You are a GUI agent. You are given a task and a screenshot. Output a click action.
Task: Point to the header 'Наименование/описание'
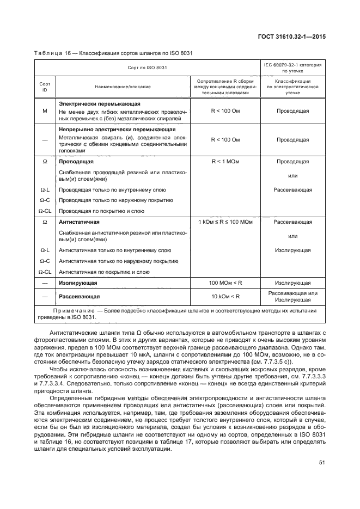point(123,87)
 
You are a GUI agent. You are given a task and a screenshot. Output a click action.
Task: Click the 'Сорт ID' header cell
point(45,87)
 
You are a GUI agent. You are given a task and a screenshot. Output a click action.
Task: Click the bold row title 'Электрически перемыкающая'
point(99,103)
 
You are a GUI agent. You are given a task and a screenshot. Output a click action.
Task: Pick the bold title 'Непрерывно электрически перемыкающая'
point(117,130)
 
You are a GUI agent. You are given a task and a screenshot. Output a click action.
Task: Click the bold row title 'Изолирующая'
point(78,283)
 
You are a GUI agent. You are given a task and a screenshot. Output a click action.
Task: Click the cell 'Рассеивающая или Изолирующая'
point(292,297)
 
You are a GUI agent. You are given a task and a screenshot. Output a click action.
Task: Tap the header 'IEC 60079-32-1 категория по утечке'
point(292,68)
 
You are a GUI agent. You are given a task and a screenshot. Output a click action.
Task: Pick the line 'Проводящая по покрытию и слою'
point(101,211)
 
